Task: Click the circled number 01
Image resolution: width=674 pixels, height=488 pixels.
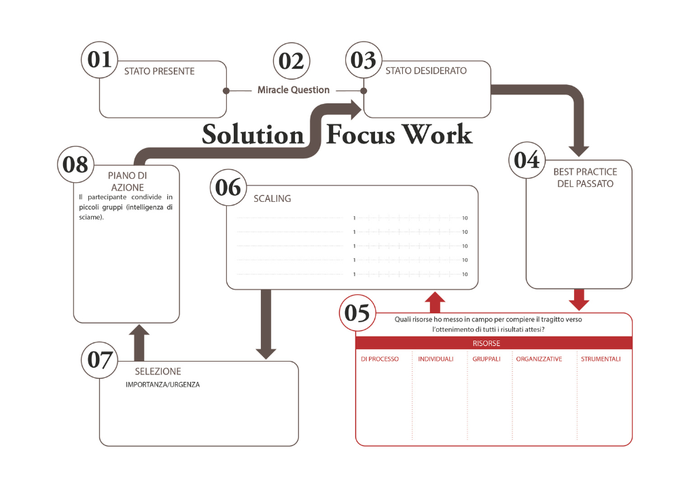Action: pos(100,60)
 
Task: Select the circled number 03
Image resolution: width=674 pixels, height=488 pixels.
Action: pos(364,60)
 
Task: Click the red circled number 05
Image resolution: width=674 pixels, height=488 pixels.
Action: pos(357,313)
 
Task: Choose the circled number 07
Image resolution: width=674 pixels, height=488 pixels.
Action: pos(99,360)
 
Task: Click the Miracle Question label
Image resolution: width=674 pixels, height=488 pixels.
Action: pos(294,90)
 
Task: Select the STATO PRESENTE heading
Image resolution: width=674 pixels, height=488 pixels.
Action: pos(159,71)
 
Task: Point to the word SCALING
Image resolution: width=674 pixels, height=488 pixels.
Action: pos(272,198)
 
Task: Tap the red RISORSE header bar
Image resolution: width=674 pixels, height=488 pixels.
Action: pos(493,343)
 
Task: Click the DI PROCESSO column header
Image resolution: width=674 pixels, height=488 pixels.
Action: pos(380,359)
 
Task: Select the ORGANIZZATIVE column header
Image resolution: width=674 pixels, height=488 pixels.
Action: pos(539,359)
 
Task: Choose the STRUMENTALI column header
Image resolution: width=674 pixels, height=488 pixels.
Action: pos(601,359)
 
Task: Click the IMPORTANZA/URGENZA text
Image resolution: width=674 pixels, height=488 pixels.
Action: pos(162,385)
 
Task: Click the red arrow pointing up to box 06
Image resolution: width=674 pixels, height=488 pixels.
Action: pos(435,299)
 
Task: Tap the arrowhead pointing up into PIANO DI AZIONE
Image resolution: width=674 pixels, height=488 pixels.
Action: pos(139,332)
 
